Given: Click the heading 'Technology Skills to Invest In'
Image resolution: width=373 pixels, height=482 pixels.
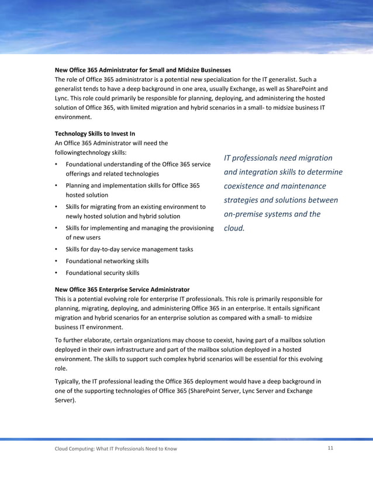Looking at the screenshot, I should click(94, 134).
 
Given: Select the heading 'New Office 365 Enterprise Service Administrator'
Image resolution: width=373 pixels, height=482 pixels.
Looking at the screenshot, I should click(122, 289).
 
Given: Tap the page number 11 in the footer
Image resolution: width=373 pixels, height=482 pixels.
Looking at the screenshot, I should click(330, 448).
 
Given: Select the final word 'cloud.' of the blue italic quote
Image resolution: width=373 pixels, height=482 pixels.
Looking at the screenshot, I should click(234, 228).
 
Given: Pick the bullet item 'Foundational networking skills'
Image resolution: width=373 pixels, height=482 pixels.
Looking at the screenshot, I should click(107, 261).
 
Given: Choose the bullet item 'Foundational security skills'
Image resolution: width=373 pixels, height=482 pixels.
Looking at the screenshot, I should click(102, 273).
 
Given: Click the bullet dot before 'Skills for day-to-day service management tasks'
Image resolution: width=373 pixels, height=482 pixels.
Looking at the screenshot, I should click(56, 249).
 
